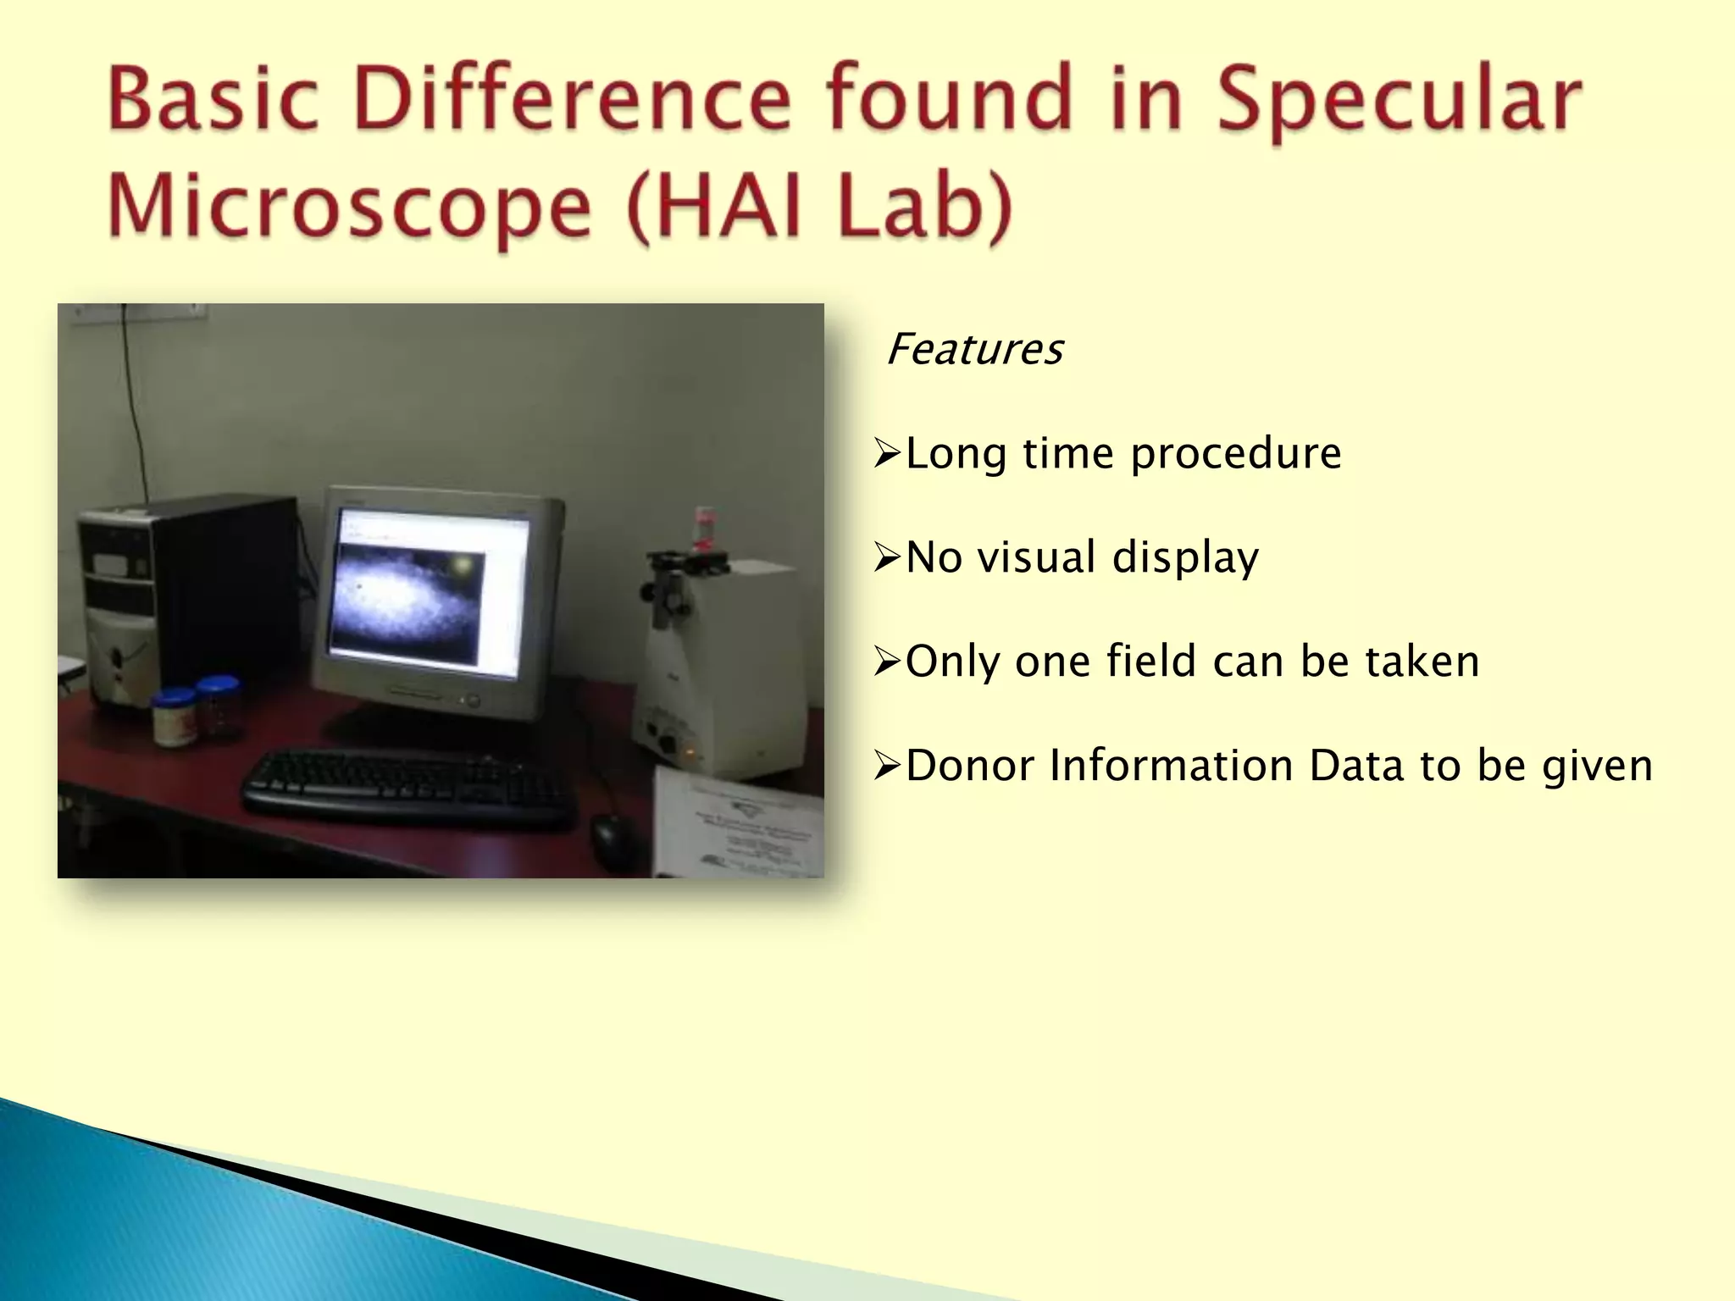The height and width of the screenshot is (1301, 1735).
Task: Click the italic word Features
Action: [x=974, y=349]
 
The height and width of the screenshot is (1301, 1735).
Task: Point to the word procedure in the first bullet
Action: [x=1236, y=454]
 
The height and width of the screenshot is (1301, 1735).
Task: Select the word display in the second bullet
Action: [x=1185, y=558]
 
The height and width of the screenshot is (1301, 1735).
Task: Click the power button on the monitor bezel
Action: [x=472, y=700]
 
